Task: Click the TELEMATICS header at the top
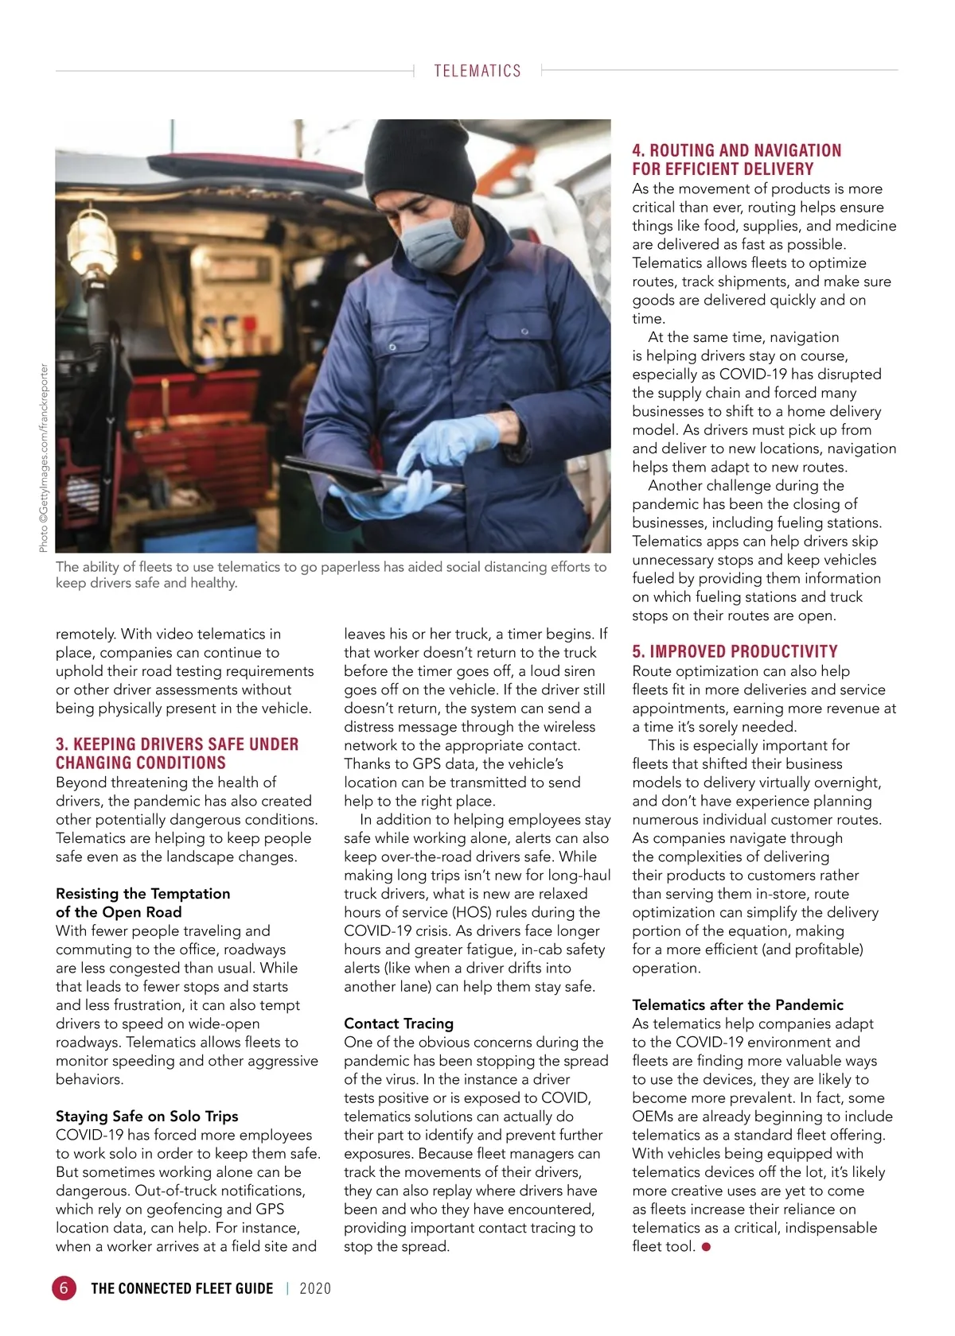coord(477,71)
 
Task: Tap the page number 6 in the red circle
coord(64,1287)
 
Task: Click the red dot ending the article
coord(706,1247)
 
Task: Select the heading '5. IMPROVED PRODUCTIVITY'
coord(735,651)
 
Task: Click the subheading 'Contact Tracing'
coord(399,1023)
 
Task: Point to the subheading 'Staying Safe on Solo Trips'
coord(146,1116)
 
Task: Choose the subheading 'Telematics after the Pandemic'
coord(738,1004)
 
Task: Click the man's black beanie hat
coord(420,159)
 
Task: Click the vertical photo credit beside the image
coord(44,457)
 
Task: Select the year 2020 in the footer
coord(315,1288)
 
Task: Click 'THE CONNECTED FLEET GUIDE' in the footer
coord(182,1288)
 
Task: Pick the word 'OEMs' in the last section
coord(653,1117)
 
